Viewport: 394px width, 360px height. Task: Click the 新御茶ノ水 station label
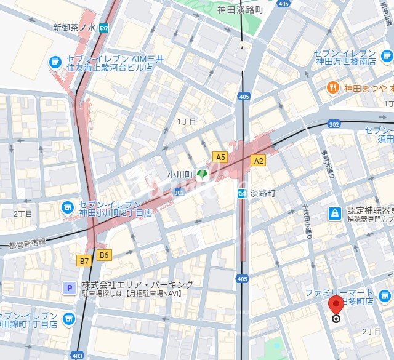[x=74, y=28]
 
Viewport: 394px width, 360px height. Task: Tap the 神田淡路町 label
[x=240, y=9]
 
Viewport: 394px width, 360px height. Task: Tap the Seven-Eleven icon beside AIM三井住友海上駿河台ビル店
[x=55, y=62]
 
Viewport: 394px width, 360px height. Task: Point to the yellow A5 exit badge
[x=220, y=157]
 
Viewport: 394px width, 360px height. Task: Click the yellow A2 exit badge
[x=259, y=161]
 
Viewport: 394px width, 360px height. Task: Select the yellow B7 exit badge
[x=85, y=261]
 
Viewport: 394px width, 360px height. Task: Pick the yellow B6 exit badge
[x=104, y=255]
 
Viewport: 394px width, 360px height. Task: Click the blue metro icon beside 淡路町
[x=243, y=193]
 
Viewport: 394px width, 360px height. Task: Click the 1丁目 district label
[x=187, y=122]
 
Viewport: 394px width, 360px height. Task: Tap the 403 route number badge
[x=77, y=355]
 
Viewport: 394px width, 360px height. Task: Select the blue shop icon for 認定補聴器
[x=334, y=214]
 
